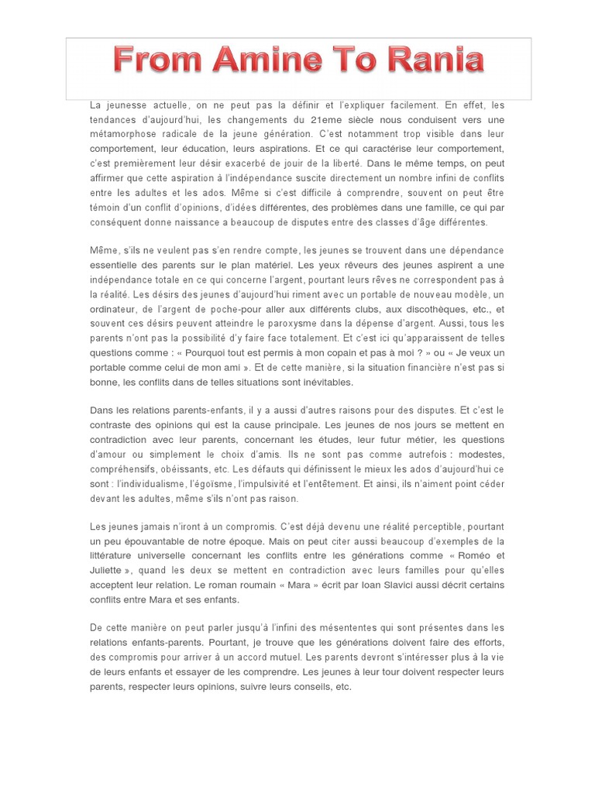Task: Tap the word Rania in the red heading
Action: click(x=435, y=60)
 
